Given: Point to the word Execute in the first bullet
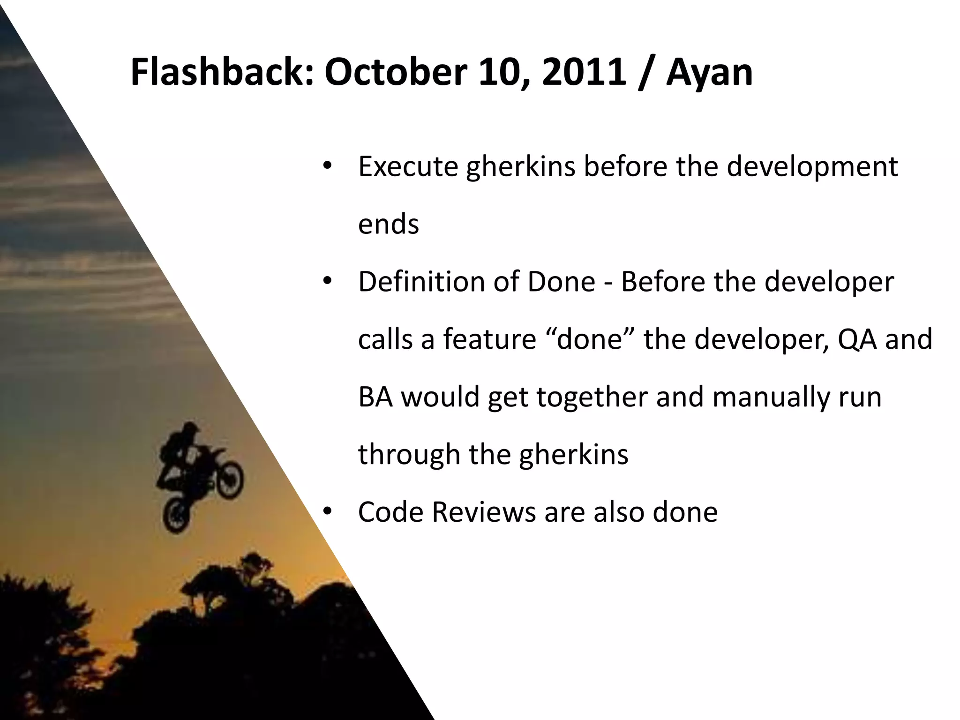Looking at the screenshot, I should point(408,166).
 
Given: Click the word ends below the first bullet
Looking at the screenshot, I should point(388,224).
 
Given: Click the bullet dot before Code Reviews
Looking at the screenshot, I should point(327,511).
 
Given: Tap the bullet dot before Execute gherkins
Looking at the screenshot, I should point(327,165).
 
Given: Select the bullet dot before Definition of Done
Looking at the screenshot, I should point(327,281).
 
